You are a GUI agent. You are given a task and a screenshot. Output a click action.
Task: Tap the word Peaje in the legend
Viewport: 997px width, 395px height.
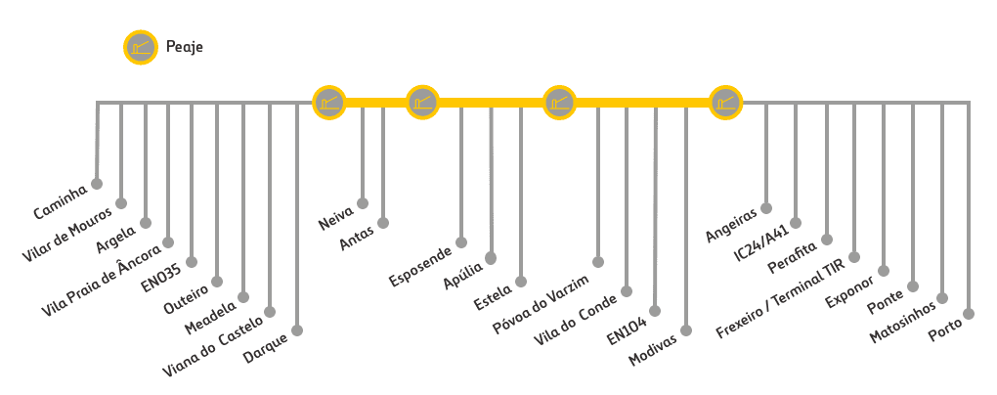click(184, 47)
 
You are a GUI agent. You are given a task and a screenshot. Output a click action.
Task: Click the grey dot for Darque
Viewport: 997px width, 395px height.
click(296, 330)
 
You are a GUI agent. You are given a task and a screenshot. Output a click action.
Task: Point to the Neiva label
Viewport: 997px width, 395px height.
click(336, 217)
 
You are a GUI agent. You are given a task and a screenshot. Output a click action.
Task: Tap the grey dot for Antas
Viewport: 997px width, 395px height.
click(382, 223)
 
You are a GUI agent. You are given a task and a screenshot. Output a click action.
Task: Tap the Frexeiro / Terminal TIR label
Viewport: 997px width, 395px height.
click(794, 291)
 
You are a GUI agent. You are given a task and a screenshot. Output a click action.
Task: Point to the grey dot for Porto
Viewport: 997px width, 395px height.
click(969, 313)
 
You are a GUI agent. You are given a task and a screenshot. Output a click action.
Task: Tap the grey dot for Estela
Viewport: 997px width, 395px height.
click(521, 281)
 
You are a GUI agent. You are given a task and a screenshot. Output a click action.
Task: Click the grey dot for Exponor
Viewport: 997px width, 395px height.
click(884, 270)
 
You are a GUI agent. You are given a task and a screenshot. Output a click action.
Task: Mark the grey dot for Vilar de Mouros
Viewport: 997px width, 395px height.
click(121, 203)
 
